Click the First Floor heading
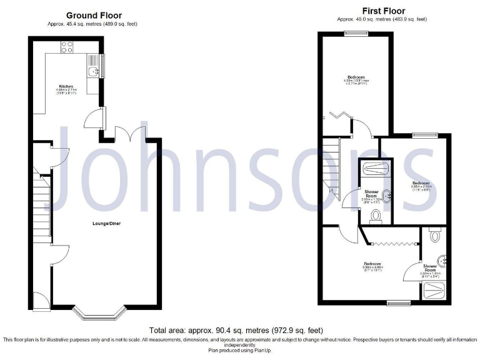click(x=383, y=11)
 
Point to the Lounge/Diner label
click(x=103, y=222)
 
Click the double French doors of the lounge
click(x=132, y=134)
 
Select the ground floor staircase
click(x=42, y=203)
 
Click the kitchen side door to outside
click(x=93, y=117)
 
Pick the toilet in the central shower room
click(x=375, y=216)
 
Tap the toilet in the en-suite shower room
click(x=436, y=236)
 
